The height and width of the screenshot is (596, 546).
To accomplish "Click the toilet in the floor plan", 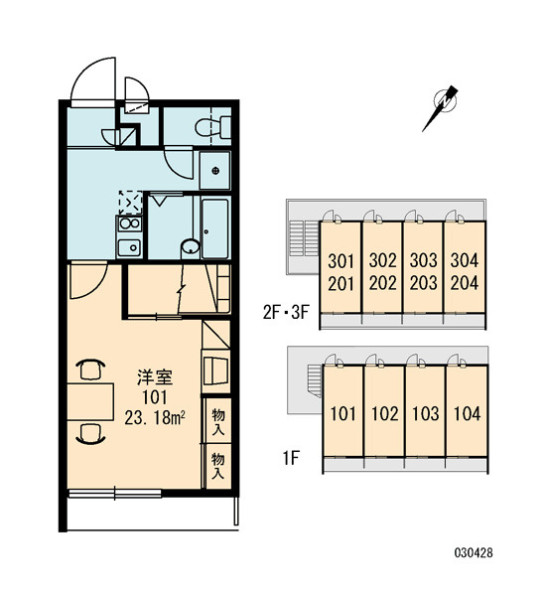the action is pos(213,127).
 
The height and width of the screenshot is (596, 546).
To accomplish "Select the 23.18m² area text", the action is pos(155,418).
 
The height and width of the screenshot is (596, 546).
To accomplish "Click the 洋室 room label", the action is pos(155,376).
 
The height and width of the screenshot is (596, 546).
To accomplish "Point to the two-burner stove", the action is pos(130,223).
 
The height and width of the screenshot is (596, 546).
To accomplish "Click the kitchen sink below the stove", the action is pos(130,247).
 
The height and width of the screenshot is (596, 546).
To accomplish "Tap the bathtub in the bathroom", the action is pos(215,228).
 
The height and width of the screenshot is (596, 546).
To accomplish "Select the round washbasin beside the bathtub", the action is pos(190,246).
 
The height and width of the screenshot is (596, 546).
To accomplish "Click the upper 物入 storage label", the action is pos(217,421).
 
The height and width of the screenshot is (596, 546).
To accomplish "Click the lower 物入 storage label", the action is pos(217,465).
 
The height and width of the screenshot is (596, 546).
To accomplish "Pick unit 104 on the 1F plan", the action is pos(467,413).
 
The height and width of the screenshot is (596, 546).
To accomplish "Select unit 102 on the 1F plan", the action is pos(385,413).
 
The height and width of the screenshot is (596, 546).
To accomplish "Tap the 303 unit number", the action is pos(423,260).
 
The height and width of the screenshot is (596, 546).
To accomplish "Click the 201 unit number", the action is pos(341,283).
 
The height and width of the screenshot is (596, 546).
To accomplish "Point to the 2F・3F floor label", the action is pos(287,313).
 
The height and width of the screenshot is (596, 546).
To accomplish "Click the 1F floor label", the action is pos(291,458).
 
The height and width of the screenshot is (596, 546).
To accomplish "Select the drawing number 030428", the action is pos(474,552).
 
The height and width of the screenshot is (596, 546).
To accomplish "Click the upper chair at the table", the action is pos(90,369).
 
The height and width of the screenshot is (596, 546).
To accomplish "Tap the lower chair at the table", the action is pos(90,434).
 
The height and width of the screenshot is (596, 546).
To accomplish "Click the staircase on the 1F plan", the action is pos(314,380).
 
